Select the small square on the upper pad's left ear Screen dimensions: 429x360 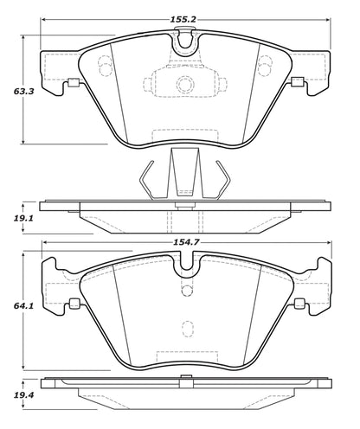click(x=73, y=84)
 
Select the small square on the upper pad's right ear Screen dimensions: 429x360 click(x=299, y=84)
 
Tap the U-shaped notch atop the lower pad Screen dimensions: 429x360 click(x=184, y=268)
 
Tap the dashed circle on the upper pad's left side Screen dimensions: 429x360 click(x=105, y=65)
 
